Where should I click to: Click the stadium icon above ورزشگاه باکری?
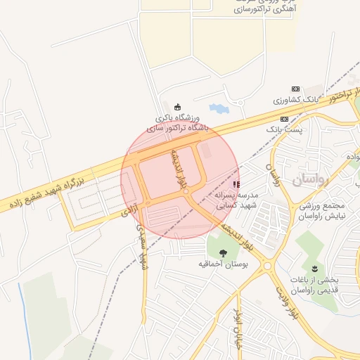click(176, 107)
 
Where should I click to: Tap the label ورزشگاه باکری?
click(176, 118)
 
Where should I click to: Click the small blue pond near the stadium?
click(219, 109)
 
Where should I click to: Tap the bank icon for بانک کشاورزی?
click(295, 89)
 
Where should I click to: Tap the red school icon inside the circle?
click(235, 184)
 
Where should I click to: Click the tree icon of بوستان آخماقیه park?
click(223, 252)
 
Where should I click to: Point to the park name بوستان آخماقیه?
click(223, 264)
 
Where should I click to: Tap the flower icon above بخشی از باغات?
click(314, 268)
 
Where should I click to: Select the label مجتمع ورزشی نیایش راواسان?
click(321, 212)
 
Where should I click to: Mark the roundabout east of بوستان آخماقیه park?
click(267, 266)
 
